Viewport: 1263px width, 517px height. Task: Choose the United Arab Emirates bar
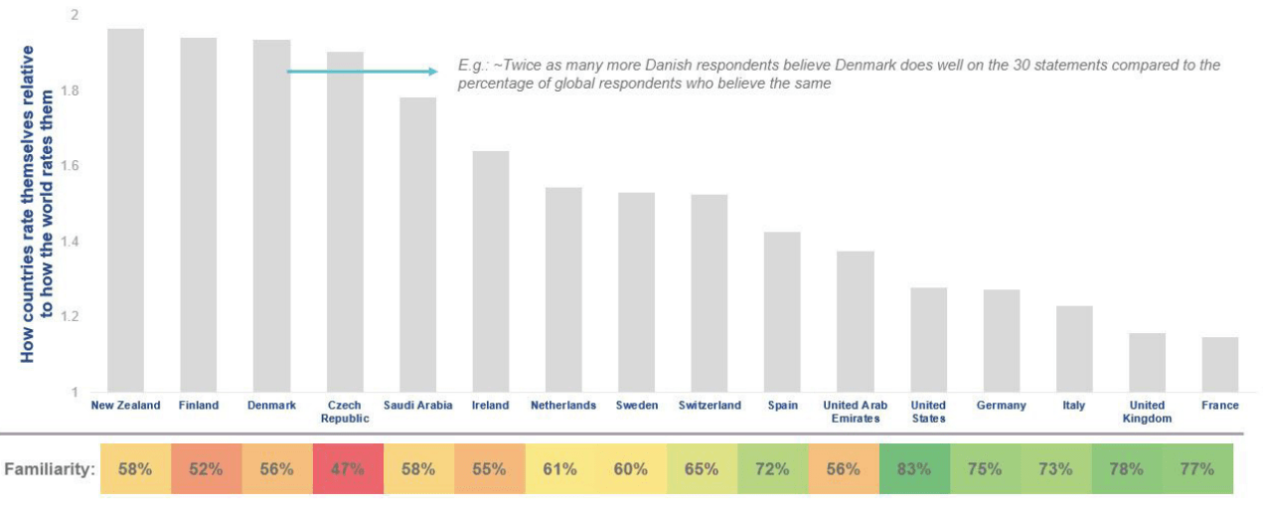tap(855, 321)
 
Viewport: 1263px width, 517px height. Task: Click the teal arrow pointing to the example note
tap(363, 72)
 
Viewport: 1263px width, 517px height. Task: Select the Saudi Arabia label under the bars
tap(417, 406)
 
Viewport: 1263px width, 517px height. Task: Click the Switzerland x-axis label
tap(710, 406)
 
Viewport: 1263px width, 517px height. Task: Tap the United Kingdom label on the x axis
tap(1147, 412)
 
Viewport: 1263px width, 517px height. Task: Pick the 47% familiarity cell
tap(348, 468)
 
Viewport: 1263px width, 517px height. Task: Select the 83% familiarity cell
tap(914, 468)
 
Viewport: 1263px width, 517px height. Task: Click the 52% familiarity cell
tap(206, 468)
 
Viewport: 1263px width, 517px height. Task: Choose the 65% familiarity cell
tap(702, 468)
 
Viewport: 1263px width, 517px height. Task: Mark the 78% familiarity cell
tap(1127, 468)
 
